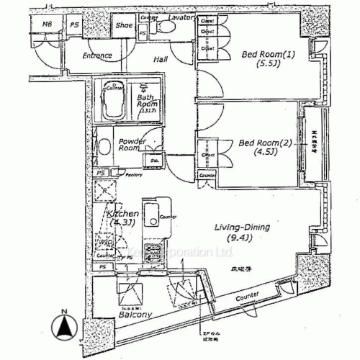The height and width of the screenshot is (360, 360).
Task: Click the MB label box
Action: coord(48,24)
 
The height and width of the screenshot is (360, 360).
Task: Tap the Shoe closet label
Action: coord(124,25)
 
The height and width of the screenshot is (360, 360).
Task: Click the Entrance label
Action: coord(96,55)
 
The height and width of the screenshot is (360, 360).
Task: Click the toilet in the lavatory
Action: coord(168,27)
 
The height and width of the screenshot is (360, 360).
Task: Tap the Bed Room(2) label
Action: coord(264,142)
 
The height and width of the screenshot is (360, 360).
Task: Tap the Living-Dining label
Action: coord(243,228)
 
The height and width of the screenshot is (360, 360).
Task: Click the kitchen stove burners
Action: coord(153,252)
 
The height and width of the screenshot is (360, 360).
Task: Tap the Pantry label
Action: coord(113,175)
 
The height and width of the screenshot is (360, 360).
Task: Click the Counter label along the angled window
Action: coord(246,297)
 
